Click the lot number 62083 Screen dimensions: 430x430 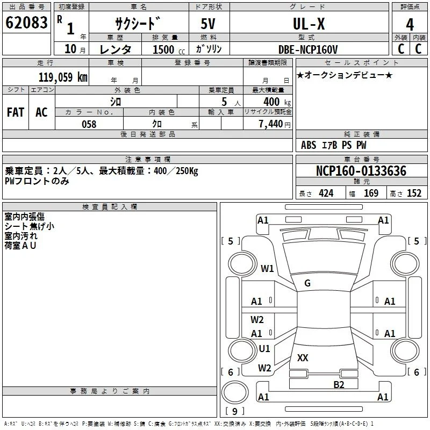(26, 23)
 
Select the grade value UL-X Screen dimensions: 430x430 (309, 24)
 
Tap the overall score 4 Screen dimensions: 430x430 (410, 25)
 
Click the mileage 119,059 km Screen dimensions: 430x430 (63, 77)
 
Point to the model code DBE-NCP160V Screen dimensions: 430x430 (308, 49)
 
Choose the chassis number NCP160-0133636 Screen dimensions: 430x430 (361, 171)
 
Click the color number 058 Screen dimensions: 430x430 (89, 124)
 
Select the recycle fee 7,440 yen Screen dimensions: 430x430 (275, 124)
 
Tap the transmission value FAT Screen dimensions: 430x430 (16, 112)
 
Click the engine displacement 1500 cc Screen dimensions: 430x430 (169, 50)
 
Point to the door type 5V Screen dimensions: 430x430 (208, 24)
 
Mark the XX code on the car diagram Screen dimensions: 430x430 (303, 357)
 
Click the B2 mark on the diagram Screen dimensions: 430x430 (339, 385)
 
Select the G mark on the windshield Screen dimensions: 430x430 (307, 283)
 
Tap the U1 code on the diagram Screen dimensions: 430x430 (264, 348)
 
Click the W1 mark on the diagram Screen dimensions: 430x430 (267, 268)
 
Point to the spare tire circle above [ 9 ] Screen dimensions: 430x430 (235, 392)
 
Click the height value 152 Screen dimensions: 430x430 (414, 193)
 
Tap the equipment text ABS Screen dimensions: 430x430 (309, 145)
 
